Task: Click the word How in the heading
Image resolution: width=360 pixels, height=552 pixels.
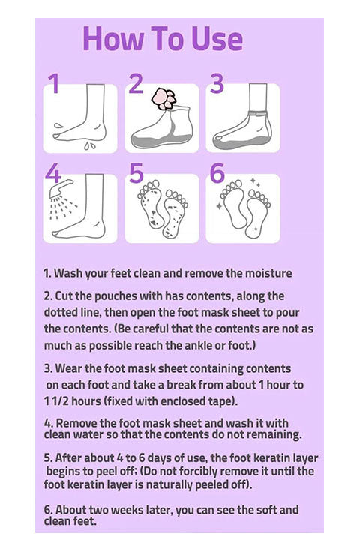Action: pyautogui.click(x=113, y=39)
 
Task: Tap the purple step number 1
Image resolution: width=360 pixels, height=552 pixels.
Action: pyautogui.click(x=54, y=83)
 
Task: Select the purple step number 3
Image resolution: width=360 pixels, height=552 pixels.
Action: pyautogui.click(x=217, y=83)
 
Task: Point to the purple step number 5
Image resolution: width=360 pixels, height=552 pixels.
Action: pyautogui.click(x=136, y=173)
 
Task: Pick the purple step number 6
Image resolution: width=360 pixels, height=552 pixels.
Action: pyautogui.click(x=217, y=173)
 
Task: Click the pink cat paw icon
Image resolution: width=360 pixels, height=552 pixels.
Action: pyautogui.click(x=163, y=98)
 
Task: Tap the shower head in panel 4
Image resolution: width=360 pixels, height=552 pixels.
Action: pyautogui.click(x=61, y=187)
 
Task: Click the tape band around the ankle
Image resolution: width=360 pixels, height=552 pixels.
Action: pyautogui.click(x=258, y=113)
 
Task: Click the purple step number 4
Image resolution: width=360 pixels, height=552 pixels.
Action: pyautogui.click(x=53, y=173)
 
